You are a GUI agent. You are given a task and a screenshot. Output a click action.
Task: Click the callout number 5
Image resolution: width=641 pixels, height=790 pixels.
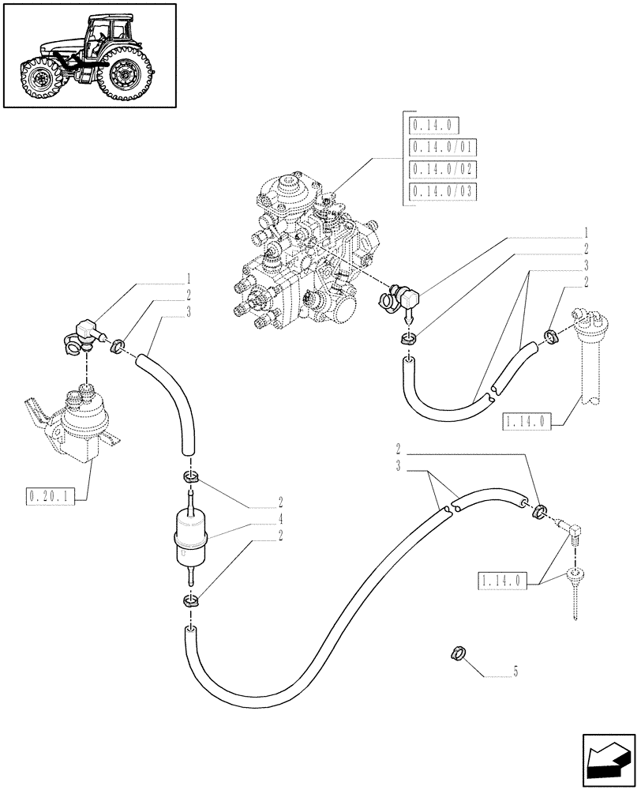[515, 672]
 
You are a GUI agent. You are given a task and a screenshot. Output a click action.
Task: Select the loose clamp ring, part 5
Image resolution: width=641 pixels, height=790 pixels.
[455, 653]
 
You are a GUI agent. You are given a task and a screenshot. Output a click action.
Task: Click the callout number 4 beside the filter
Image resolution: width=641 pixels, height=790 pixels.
[279, 519]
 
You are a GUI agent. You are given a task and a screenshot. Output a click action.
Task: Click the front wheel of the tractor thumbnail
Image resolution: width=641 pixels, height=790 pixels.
[38, 79]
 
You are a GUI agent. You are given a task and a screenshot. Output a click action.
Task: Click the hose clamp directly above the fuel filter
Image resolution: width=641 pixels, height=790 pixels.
[189, 477]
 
